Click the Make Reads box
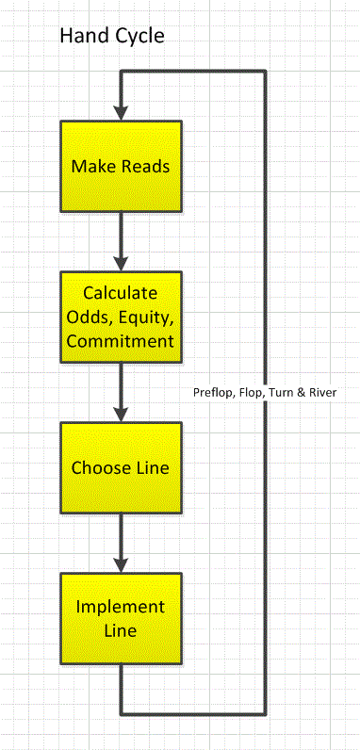click(121, 166)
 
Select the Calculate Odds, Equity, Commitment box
click(121, 317)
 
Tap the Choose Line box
click(121, 467)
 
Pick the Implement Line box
click(121, 618)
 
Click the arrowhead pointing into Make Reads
click(121, 112)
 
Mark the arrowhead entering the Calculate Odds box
click(121, 263)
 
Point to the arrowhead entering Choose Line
click(121, 414)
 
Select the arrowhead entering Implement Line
click(121, 564)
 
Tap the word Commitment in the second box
click(121, 339)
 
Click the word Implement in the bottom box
click(121, 606)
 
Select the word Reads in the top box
click(147, 166)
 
